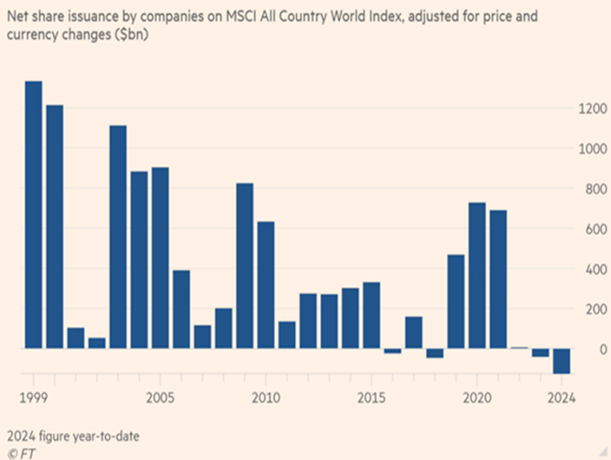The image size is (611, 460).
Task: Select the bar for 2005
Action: click(x=160, y=258)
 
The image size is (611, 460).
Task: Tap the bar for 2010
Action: click(x=266, y=285)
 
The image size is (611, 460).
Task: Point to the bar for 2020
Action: click(x=478, y=275)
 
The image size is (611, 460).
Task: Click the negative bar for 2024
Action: click(x=561, y=361)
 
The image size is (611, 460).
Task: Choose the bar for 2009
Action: click(x=245, y=266)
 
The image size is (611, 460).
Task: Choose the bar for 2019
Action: click(x=456, y=302)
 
